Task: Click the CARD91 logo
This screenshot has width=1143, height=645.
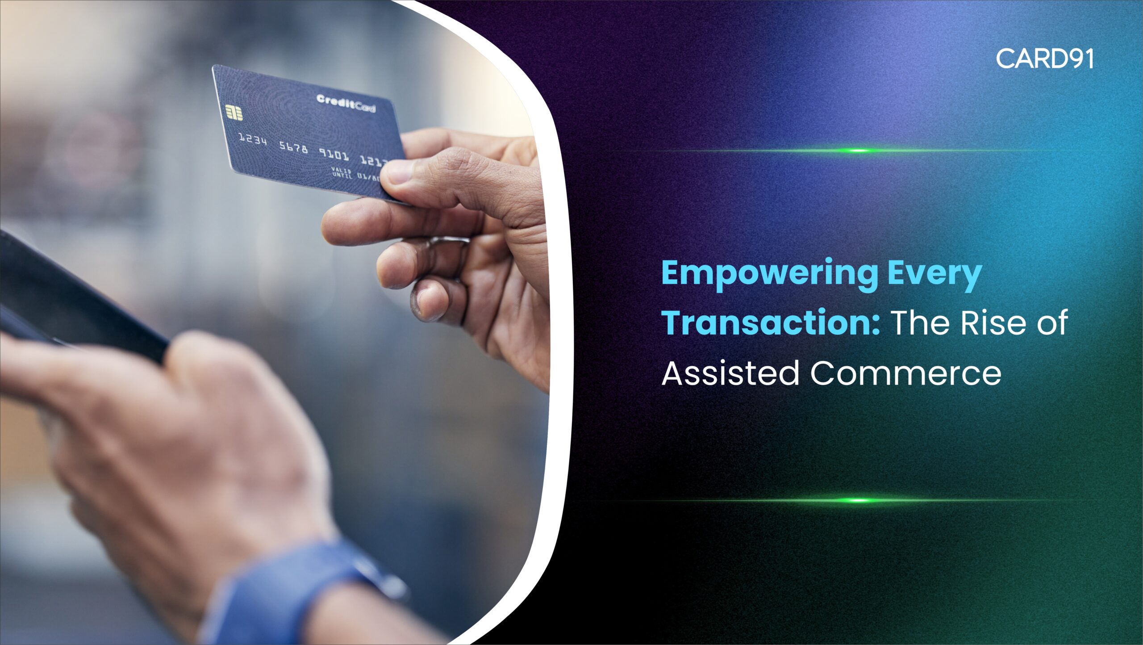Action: coord(1044,59)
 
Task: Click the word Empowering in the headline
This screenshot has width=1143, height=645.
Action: coord(770,273)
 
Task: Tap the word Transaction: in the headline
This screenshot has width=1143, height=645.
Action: coord(771,322)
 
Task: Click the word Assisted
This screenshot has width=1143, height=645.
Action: coord(730,373)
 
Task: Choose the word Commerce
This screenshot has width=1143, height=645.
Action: coord(906,373)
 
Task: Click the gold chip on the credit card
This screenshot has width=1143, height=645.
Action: coord(234,113)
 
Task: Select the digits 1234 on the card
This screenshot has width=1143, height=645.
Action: coord(253,140)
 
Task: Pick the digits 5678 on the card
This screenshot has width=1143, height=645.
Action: coord(293,147)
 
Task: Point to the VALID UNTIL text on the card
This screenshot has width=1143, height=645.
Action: coord(342,172)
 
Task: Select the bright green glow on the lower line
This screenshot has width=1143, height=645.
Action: coord(858,500)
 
